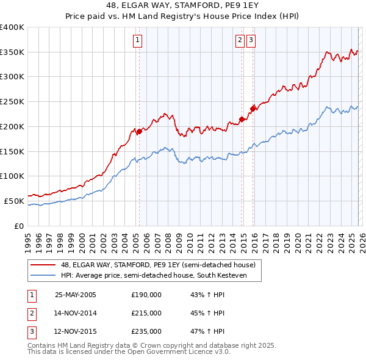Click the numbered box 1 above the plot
[x=138, y=41]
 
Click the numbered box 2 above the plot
[x=240, y=41]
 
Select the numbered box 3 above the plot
[x=251, y=41]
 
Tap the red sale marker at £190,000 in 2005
[x=139, y=131]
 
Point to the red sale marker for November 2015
[x=253, y=109]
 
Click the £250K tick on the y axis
[x=12, y=102]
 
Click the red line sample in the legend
[x=44, y=265]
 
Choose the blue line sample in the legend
[x=44, y=275]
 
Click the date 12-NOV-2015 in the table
[x=76, y=332]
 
